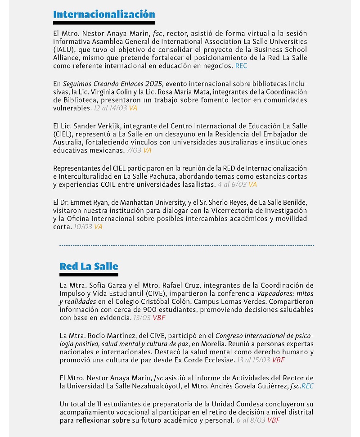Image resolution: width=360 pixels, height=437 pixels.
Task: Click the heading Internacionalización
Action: click(x=104, y=14)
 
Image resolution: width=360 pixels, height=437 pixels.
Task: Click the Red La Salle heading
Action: click(x=89, y=266)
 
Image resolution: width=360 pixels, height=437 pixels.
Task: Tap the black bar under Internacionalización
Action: click(x=104, y=22)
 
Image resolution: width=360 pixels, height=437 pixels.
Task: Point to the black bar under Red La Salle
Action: click(x=89, y=274)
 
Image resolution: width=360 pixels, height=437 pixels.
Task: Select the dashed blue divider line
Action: click(x=187, y=245)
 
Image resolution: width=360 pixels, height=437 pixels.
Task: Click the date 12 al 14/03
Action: click(x=110, y=108)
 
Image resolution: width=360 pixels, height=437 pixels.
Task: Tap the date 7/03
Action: click(x=134, y=150)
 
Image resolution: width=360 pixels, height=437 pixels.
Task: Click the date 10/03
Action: click(x=83, y=227)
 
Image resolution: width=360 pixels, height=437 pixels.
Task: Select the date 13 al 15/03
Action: click(x=253, y=360)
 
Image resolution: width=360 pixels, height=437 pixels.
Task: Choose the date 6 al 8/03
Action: click(x=251, y=420)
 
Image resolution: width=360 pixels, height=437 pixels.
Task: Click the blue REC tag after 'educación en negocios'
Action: click(x=241, y=66)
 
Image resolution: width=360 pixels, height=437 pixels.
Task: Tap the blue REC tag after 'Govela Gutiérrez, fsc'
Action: click(x=307, y=386)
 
